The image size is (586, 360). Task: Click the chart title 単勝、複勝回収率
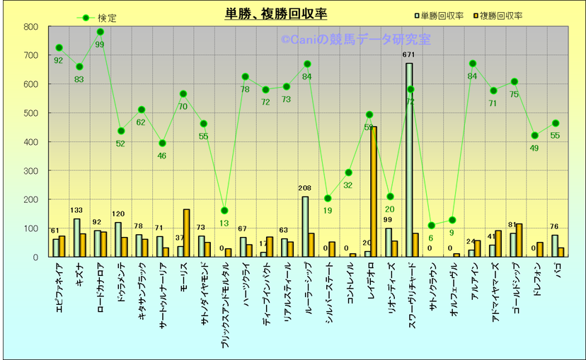(276, 14)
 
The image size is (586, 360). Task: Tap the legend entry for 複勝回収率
(497, 16)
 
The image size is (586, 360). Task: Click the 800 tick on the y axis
(30, 27)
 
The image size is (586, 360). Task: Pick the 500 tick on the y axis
(30, 113)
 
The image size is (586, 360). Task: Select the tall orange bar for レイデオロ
(374, 192)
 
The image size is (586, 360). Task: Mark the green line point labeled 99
(100, 32)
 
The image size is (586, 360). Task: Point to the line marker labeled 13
(224, 211)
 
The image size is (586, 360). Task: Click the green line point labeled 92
(59, 48)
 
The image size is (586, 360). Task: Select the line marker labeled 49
(534, 136)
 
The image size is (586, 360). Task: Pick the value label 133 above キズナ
(77, 211)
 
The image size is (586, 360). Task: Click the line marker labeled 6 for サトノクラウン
(431, 226)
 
